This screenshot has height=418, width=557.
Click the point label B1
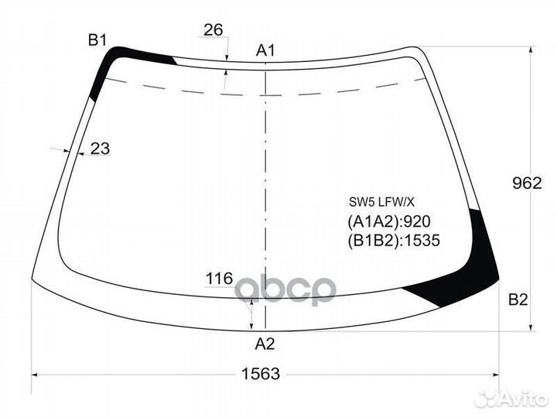pos(97,40)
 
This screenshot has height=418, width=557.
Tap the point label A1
pos(265,51)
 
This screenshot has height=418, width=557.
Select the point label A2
pos(265,344)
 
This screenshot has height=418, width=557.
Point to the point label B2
pos(518,300)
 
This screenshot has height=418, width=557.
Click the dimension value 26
pos(214,30)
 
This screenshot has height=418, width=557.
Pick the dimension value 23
pos(100,148)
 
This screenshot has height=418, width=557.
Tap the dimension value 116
pos(220,279)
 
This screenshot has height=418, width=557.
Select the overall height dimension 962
pos(527,183)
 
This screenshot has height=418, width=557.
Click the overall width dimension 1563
pos(261,374)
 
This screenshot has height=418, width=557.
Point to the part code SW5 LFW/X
pos(381,202)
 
